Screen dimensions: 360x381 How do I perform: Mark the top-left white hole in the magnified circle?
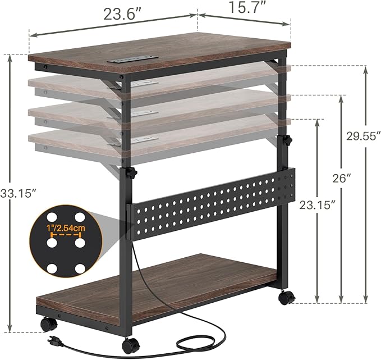pyautogui.click(x=52, y=217)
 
